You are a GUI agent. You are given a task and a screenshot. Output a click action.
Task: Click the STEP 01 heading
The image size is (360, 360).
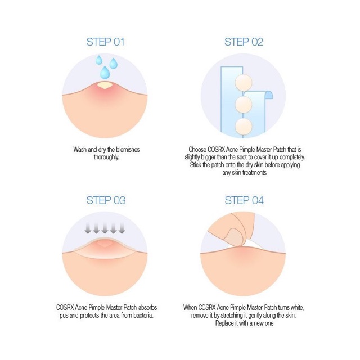tap(105, 42)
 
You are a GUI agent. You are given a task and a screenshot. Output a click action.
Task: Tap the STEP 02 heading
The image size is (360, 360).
tap(244, 42)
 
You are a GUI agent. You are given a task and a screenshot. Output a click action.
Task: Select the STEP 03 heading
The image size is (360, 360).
tap(106, 200)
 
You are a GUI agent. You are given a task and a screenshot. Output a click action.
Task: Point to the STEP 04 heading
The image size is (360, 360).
tap(244, 200)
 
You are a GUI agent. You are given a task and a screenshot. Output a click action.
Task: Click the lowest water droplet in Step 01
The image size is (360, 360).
tap(105, 73)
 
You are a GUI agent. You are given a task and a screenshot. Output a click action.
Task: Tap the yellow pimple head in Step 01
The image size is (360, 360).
tap(105, 85)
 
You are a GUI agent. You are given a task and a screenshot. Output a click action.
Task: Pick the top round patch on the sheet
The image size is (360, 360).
tap(244, 82)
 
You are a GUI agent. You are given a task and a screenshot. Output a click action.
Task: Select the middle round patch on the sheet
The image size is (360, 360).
tap(244, 105)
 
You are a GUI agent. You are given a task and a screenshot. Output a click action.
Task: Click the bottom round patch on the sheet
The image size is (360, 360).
tap(244, 127)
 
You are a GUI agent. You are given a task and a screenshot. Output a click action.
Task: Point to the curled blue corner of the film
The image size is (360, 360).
tap(269, 94)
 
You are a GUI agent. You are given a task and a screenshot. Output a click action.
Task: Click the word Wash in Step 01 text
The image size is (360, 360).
tap(80, 150)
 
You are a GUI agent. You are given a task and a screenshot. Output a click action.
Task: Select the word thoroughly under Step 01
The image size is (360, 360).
tap(106, 157)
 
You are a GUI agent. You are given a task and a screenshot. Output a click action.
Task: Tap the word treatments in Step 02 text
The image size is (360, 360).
tap(255, 173)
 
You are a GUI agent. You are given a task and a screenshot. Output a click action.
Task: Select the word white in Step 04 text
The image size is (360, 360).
tap(298, 308)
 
